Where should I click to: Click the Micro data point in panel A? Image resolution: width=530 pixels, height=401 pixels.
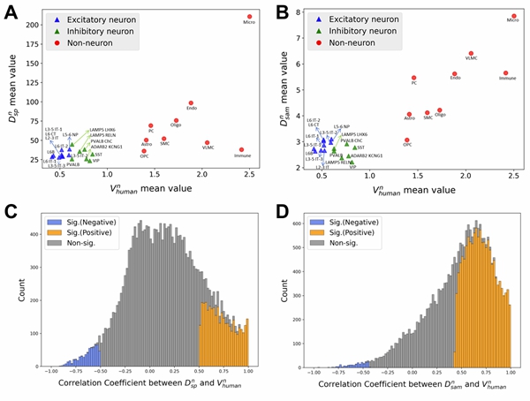(x=250, y=16)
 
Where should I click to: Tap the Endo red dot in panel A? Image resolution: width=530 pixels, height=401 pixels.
(x=191, y=103)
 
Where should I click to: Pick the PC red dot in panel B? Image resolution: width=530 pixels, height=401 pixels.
(x=413, y=78)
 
